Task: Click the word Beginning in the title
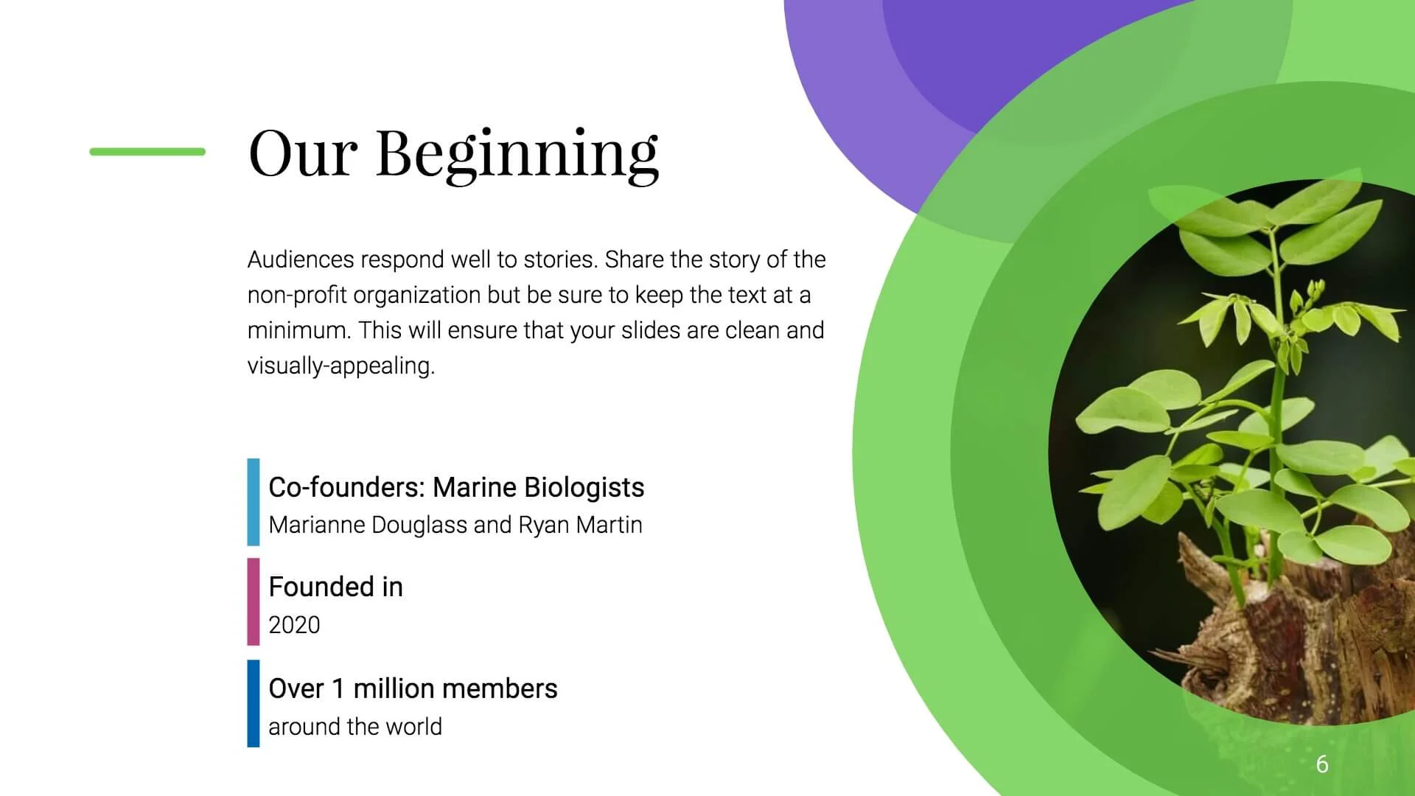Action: tap(517, 156)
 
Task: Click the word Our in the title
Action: tap(303, 153)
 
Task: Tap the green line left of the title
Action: tap(147, 152)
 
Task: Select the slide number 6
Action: tap(1322, 764)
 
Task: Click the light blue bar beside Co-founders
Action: tap(254, 502)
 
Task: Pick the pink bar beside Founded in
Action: tap(254, 601)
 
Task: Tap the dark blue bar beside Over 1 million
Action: tap(254, 703)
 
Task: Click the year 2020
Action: tap(294, 625)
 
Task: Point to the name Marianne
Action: tap(316, 525)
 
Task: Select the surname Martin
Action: tap(609, 525)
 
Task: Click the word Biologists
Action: tap(584, 488)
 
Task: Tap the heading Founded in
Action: tap(336, 587)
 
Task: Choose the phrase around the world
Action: tap(355, 727)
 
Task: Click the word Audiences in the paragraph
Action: tap(301, 259)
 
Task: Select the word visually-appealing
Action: tap(341, 366)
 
